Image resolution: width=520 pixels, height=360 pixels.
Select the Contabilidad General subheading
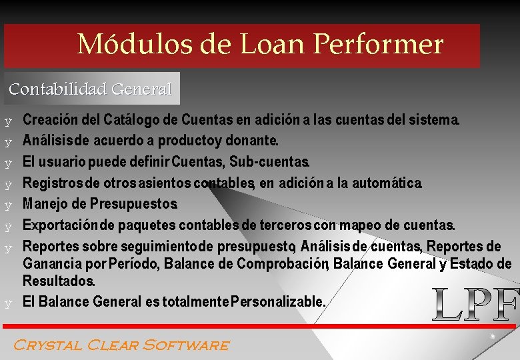[x=91, y=89]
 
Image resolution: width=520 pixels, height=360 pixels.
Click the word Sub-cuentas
[x=269, y=162]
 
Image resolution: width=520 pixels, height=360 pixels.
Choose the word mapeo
[x=361, y=225]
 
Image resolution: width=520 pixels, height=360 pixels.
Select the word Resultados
[x=59, y=281]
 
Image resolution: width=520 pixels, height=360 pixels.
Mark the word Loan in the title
[x=272, y=45]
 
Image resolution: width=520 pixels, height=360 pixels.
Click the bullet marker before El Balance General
[x=8, y=303]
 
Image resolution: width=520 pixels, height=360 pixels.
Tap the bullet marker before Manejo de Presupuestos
[x=8, y=204]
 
